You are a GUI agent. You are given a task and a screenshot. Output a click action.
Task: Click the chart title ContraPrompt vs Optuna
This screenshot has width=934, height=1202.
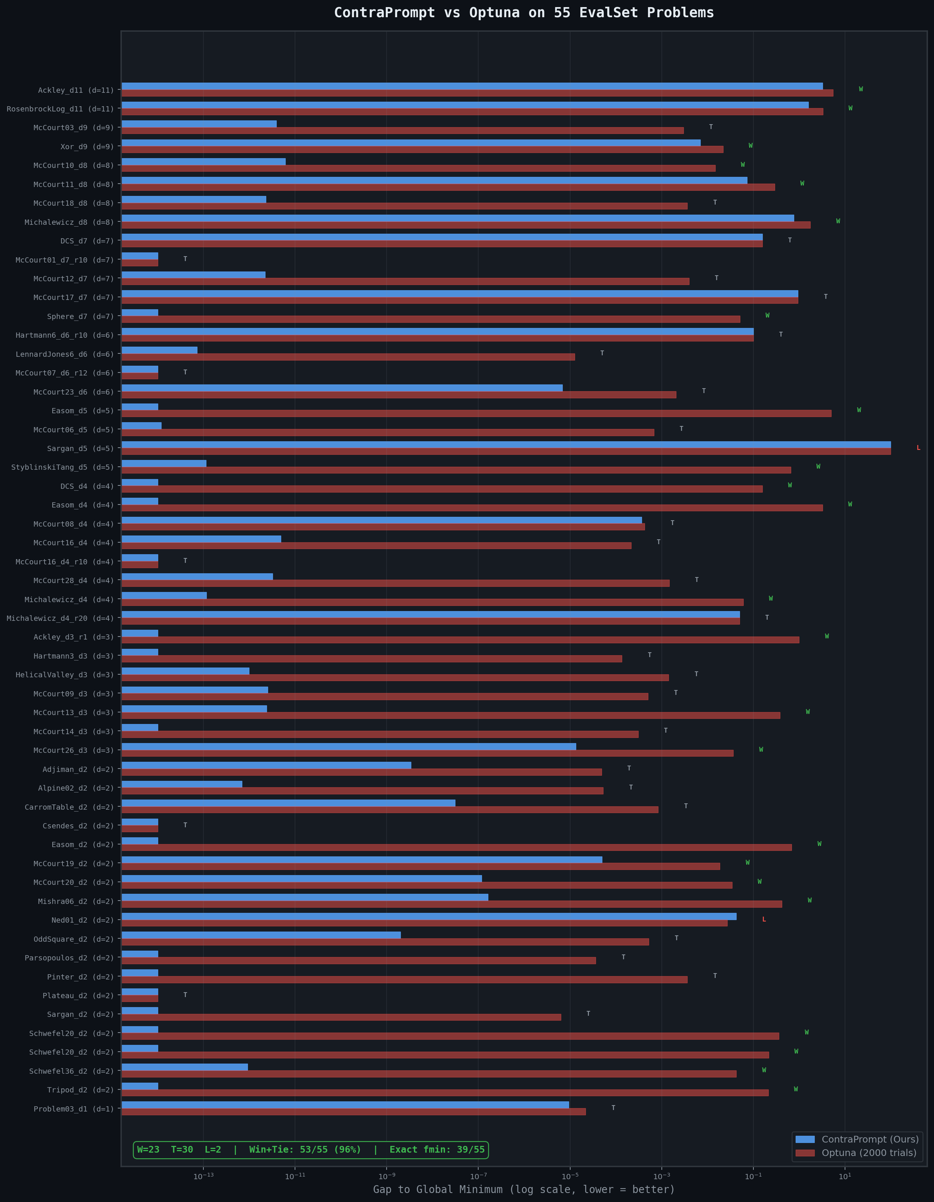pos(523,13)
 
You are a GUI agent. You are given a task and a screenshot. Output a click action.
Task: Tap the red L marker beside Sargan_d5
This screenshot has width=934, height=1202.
pos(918,448)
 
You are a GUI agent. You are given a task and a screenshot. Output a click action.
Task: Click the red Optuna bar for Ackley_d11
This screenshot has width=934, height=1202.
pos(477,93)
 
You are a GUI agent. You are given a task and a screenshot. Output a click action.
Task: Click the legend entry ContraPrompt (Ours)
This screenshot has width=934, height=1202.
pos(870,1139)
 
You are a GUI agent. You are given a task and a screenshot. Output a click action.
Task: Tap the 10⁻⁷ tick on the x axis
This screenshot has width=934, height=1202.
pos(478,1177)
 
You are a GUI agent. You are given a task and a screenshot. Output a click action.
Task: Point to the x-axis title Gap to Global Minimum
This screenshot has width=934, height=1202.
pos(523,1189)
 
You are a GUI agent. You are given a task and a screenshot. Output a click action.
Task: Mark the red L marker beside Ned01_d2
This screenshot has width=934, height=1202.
pos(764,920)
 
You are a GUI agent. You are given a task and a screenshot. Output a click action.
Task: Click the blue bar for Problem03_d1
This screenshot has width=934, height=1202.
pos(345,1105)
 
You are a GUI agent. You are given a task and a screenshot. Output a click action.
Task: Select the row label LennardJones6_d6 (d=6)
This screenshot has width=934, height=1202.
pos(64,355)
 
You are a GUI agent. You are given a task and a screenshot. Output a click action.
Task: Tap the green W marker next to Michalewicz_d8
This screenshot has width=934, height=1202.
pos(838,221)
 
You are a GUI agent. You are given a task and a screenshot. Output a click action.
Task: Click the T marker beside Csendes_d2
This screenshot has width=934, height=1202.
pos(185,825)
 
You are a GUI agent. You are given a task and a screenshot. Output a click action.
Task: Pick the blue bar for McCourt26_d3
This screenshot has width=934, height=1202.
pos(348,746)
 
